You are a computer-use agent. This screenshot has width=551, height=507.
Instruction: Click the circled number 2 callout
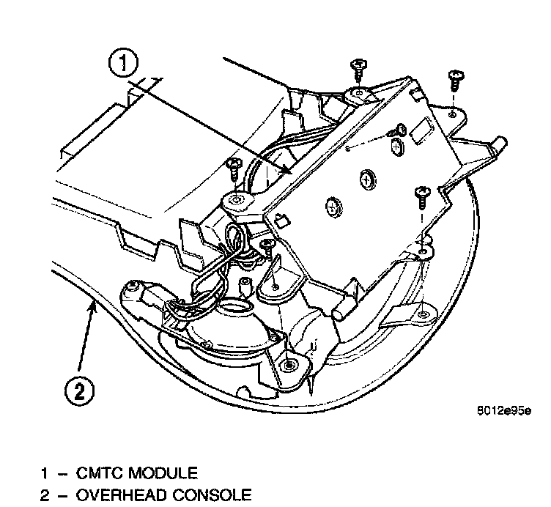pos(78,390)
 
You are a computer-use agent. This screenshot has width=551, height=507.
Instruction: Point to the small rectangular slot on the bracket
pos(423,134)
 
